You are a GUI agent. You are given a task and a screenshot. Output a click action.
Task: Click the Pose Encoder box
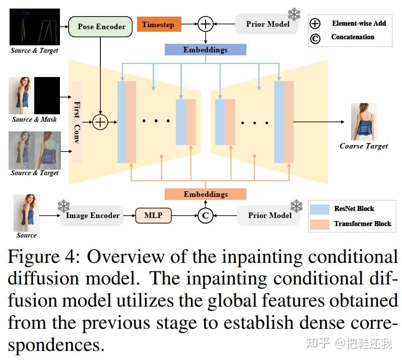tap(100, 26)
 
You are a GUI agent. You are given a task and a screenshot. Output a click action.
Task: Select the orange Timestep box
tap(159, 24)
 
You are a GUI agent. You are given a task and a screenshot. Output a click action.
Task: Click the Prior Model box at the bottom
tap(270, 215)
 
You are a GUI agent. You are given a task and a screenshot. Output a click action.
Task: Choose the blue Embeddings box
tap(205, 50)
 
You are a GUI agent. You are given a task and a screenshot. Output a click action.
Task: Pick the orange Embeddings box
tap(205, 194)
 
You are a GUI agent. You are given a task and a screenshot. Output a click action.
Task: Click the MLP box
tap(153, 215)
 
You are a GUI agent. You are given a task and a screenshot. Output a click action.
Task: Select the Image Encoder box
tap(92, 215)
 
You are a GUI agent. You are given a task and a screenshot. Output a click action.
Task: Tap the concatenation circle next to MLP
tap(205, 216)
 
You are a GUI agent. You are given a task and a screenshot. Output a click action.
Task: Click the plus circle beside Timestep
tap(205, 24)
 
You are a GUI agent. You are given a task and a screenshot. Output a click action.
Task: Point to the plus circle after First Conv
tap(100, 122)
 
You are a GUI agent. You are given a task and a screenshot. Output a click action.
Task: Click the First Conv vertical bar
tap(77, 122)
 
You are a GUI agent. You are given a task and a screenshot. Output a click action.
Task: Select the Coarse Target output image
tap(363, 122)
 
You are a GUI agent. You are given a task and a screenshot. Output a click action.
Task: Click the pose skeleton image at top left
tap(34, 27)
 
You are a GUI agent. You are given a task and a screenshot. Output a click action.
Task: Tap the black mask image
tap(47, 96)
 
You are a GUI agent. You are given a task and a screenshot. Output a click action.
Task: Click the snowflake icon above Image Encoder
tap(63, 206)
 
